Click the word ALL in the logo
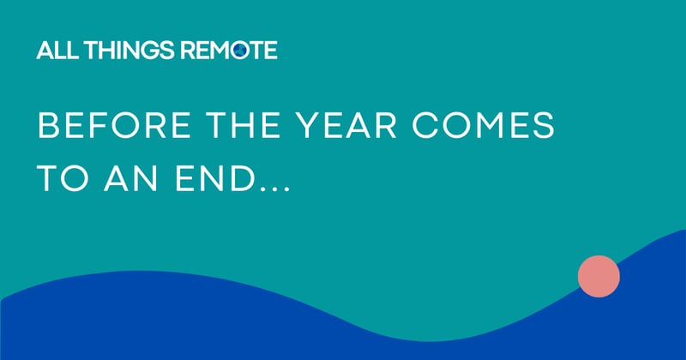(54, 51)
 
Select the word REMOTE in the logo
(228, 51)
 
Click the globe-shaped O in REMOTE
(241, 51)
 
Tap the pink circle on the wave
(599, 276)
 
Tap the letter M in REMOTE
(220, 51)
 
